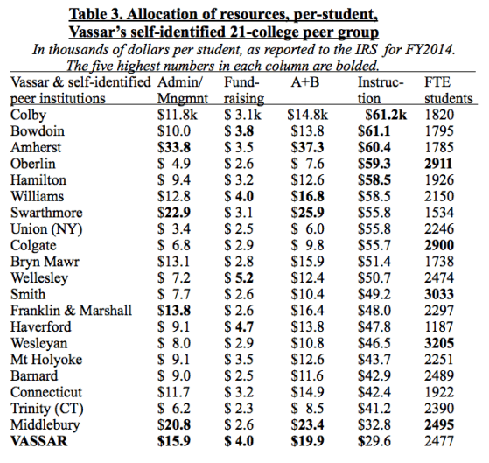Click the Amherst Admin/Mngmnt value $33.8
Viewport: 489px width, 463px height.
[174, 148]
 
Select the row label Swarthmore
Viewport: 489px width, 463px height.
[46, 213]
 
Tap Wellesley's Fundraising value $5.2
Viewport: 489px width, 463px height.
[239, 278]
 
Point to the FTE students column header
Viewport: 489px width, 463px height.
[449, 90]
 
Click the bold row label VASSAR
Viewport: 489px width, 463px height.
[39, 441]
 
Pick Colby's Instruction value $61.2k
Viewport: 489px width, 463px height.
[386, 116]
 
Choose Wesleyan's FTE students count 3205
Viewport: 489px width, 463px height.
[439, 343]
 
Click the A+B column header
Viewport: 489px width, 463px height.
[305, 82]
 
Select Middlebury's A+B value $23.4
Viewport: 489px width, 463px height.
[308, 425]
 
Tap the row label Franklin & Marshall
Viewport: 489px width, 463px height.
[72, 311]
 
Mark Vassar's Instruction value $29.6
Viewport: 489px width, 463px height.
[374, 441]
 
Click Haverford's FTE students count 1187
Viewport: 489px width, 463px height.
[439, 327]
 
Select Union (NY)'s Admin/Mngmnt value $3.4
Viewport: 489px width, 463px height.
[174, 229]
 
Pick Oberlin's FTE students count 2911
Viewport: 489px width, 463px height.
[438, 164]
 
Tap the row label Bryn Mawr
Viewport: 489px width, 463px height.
[45, 262]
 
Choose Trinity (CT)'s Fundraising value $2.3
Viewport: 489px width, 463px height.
[239, 409]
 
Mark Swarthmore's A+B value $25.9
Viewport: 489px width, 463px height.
[308, 213]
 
